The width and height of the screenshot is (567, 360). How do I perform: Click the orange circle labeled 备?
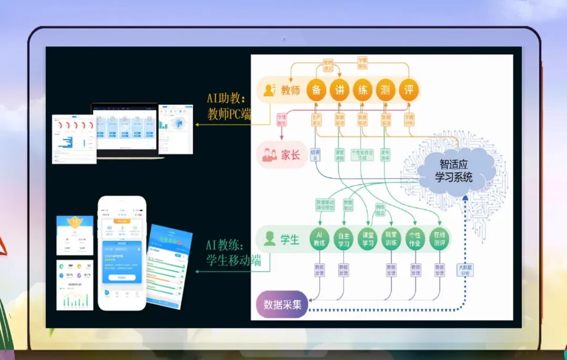[316, 90]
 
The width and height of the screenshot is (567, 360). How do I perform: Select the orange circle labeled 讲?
[339, 90]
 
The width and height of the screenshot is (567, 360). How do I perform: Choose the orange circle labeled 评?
[409, 90]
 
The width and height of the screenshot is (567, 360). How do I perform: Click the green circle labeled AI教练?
[320, 240]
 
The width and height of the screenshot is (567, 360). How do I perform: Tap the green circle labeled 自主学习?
[344, 240]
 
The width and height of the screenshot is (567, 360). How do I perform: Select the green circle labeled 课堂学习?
[368, 240]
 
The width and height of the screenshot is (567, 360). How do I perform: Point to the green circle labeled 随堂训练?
[392, 240]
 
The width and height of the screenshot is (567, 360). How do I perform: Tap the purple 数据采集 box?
[282, 305]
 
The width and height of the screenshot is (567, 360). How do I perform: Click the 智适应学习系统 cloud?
[454, 171]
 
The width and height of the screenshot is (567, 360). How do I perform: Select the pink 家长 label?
[282, 155]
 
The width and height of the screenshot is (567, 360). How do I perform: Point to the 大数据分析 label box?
[465, 270]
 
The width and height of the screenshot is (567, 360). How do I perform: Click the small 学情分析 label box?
[409, 120]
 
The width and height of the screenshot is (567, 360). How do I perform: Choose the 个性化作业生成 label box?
[362, 155]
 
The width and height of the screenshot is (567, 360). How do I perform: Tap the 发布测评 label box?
[386, 155]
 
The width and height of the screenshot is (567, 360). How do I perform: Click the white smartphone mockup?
[122, 253]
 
